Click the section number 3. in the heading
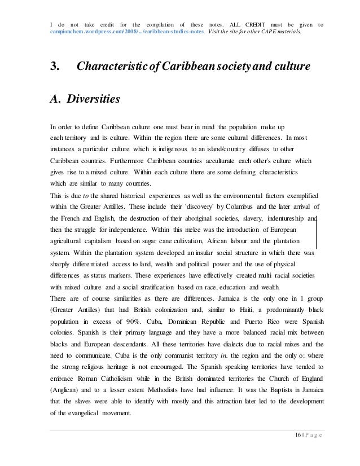(56, 68)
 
